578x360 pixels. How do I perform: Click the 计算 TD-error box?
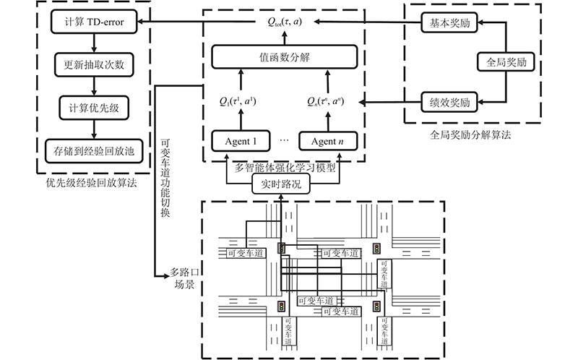[x=94, y=22]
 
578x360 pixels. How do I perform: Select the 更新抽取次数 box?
[x=94, y=65]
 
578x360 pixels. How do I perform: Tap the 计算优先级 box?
[x=94, y=108]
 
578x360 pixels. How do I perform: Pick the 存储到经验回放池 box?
[x=94, y=151]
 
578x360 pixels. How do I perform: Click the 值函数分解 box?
[x=284, y=57]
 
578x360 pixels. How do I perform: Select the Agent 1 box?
[x=241, y=141]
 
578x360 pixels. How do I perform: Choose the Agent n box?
[x=328, y=141]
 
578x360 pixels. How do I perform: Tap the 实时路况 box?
[x=281, y=184]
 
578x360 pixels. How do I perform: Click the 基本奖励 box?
[x=449, y=23]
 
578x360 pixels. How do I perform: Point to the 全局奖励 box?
[x=506, y=61]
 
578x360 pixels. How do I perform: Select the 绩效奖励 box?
[x=449, y=102]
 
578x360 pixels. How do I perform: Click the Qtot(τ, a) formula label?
[x=285, y=22]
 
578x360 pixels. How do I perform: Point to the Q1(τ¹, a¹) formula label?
[x=238, y=101]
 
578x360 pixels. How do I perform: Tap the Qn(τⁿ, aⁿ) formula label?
[x=326, y=101]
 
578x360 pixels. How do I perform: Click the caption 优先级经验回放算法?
[x=92, y=183]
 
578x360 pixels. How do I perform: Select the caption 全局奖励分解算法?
[x=470, y=135]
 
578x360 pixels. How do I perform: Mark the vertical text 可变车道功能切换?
[x=165, y=178]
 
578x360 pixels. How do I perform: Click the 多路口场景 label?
[x=184, y=278]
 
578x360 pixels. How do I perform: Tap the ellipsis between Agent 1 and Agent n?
[x=284, y=140]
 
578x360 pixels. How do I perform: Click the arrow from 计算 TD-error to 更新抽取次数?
[x=94, y=43]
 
